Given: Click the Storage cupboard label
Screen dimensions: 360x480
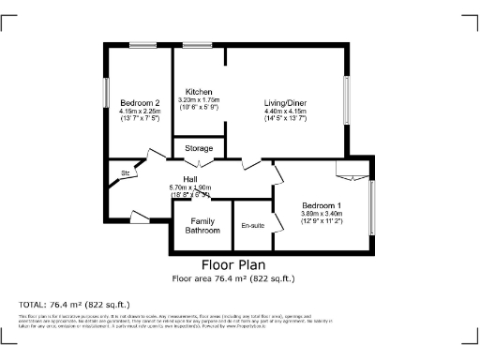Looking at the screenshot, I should [x=198, y=148].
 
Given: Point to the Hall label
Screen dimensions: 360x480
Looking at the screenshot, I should [x=189, y=179].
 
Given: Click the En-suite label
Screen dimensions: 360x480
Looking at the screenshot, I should [x=252, y=226].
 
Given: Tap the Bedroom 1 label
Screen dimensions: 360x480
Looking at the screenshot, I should [x=321, y=205].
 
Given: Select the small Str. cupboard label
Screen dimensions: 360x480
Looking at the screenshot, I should [x=124, y=173].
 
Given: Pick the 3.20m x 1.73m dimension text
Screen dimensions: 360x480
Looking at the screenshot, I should [x=198, y=99].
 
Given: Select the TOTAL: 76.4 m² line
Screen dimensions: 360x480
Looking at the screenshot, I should [x=75, y=305].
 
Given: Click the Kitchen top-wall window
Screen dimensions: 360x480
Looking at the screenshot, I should [x=197, y=44].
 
